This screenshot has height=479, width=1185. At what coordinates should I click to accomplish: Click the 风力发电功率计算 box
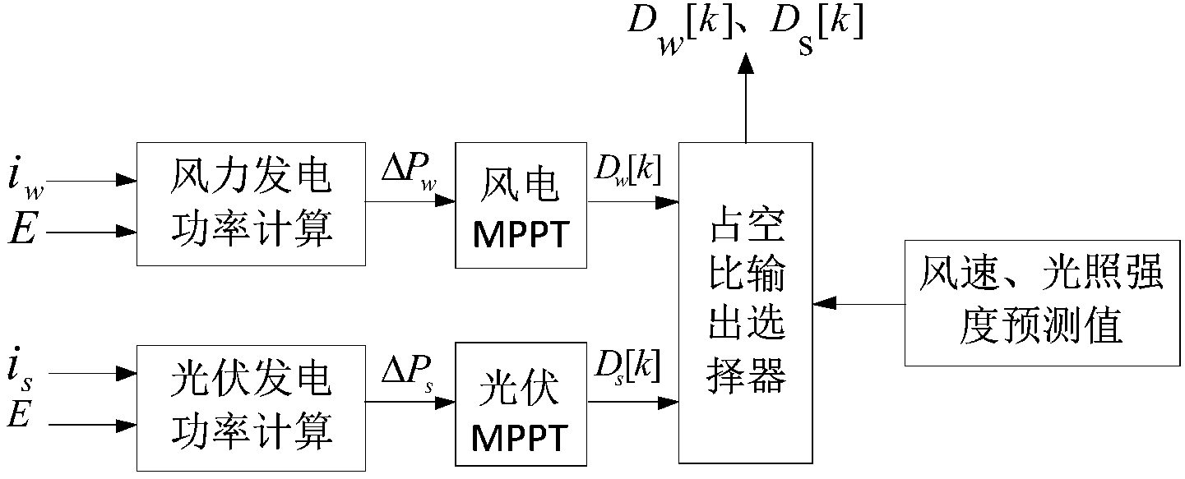(x=251, y=204)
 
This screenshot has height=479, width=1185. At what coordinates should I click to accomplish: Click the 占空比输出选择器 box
(x=746, y=303)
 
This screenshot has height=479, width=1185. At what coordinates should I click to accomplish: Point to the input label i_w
(x=27, y=179)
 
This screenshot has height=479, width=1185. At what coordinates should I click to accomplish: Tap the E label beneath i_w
(x=23, y=230)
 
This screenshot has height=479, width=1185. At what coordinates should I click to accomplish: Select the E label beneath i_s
(x=20, y=416)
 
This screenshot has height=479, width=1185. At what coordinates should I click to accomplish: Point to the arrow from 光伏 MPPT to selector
(x=634, y=402)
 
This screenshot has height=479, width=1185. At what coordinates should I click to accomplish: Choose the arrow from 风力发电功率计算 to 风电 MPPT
(x=410, y=200)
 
